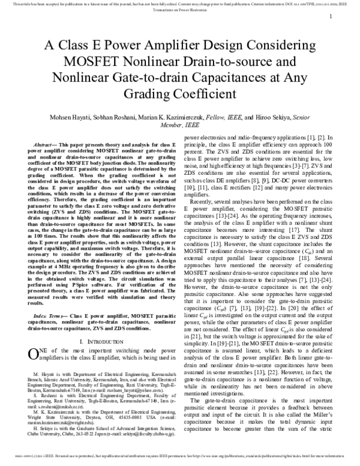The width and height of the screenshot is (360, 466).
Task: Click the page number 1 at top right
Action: [331, 17]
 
